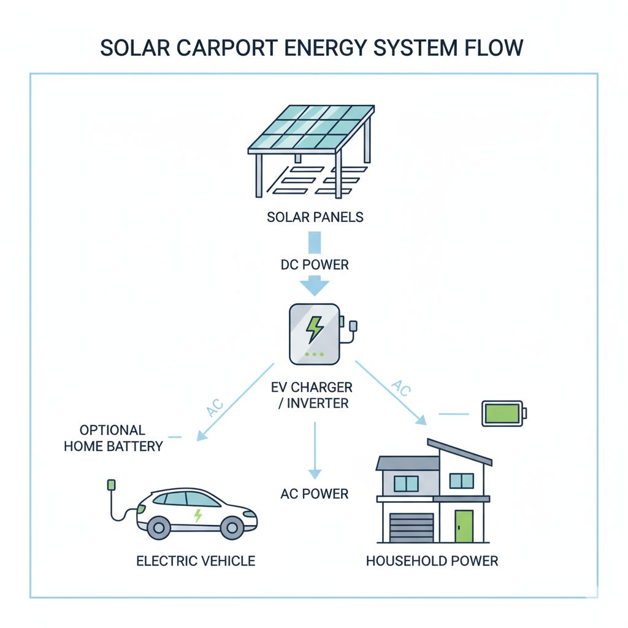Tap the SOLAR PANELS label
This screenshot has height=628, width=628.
click(x=315, y=217)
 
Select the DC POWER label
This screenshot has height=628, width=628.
click(x=315, y=265)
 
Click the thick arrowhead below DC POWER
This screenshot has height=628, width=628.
click(x=315, y=286)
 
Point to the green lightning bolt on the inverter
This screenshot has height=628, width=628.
click(x=315, y=329)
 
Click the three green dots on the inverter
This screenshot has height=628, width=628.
click(x=313, y=354)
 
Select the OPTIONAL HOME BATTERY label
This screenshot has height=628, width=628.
click(x=113, y=438)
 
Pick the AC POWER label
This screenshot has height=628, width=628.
click(x=315, y=494)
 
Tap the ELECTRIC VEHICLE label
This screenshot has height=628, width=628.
click(x=196, y=561)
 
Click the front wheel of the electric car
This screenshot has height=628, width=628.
click(x=232, y=527)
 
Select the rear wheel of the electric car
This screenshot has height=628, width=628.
click(x=159, y=527)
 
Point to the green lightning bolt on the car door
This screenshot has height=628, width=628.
click(x=197, y=516)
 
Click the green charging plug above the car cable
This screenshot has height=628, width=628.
click(x=111, y=485)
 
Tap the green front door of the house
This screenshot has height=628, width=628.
click(x=464, y=527)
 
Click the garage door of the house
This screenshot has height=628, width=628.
click(x=412, y=528)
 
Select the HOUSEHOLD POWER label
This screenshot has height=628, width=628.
click(x=432, y=561)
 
